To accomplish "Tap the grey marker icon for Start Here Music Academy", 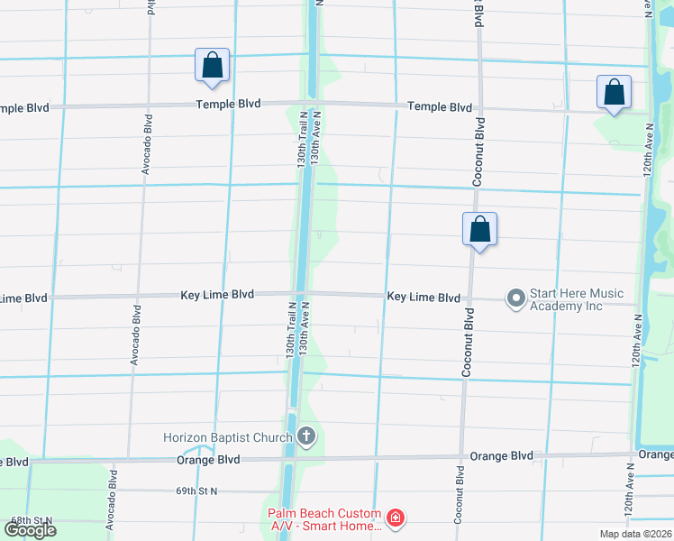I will point(516,298).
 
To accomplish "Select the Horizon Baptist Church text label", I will point(227,438).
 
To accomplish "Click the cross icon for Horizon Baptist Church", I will point(306,438).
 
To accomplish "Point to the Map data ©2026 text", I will point(636,534).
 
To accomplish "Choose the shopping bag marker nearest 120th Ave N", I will point(614,92).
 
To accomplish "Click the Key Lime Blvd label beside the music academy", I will point(424,297).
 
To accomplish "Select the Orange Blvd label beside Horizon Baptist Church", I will point(208,459).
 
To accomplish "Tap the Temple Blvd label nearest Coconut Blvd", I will point(440,106).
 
